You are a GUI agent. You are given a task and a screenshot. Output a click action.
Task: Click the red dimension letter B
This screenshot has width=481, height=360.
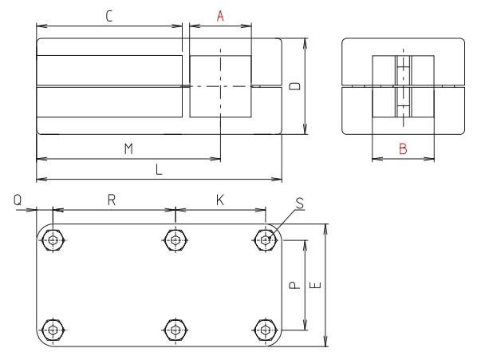pyautogui.click(x=404, y=148)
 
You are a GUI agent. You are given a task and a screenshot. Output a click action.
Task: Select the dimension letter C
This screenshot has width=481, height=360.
pyautogui.click(x=108, y=15)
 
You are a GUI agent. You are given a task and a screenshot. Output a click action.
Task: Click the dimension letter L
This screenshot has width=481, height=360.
pyautogui.click(x=160, y=171)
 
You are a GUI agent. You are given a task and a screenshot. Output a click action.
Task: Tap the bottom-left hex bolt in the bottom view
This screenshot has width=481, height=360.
pyautogui.click(x=53, y=329)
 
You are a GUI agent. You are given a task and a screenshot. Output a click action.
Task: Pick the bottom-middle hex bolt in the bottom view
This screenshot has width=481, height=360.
pyautogui.click(x=175, y=329)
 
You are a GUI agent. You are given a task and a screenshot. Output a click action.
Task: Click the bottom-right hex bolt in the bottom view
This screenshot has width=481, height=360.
pyautogui.click(x=265, y=329)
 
